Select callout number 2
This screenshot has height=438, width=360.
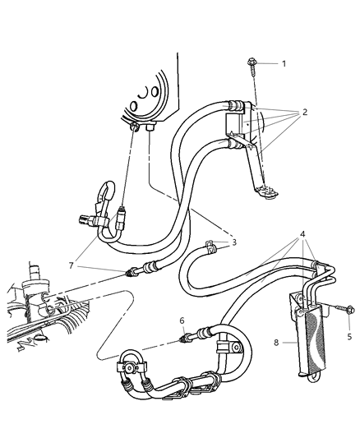pyautogui.click(x=306, y=113)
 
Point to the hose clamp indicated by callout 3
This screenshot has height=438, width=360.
pyautogui.click(x=209, y=245)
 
